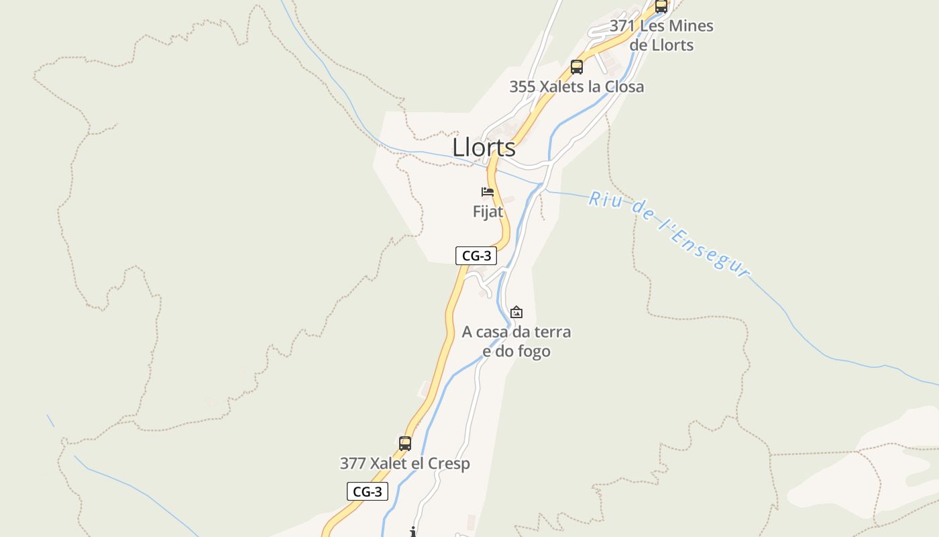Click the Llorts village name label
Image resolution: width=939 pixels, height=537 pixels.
point(484,148)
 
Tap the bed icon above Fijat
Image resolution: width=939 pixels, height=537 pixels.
point(488,192)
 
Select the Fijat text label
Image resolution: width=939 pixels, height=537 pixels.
point(488,211)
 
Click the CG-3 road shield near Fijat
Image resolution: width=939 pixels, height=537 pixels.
point(476,256)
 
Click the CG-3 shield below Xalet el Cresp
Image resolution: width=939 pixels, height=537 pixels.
point(367,491)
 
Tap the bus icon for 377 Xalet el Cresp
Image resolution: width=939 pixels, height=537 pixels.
point(405,444)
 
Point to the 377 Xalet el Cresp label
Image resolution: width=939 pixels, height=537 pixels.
point(404,463)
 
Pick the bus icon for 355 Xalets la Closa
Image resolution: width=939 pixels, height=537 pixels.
point(577,67)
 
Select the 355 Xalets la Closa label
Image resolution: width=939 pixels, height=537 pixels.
point(576,87)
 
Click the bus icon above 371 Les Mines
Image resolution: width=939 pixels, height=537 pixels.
point(661,6)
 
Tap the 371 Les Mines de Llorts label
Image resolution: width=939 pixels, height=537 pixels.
point(661,36)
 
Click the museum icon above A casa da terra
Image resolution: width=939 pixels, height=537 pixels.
point(516,312)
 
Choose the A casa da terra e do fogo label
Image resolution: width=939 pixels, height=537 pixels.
point(516,341)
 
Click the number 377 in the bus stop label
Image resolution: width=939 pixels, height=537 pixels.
point(352,463)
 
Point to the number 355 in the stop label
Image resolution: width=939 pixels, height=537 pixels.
point(522,87)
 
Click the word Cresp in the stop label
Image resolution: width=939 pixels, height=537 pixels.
point(450,463)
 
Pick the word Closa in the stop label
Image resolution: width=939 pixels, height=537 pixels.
point(623,87)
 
